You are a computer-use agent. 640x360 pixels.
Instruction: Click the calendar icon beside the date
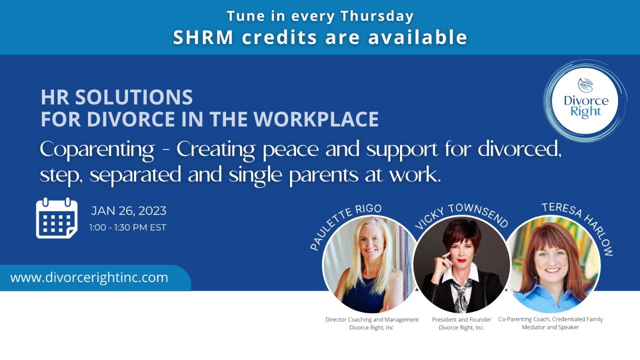click(56, 218)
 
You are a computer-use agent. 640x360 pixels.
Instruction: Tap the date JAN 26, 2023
click(128, 211)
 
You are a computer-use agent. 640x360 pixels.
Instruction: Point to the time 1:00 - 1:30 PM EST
click(127, 227)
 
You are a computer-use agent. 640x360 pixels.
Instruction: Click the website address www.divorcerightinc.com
click(89, 277)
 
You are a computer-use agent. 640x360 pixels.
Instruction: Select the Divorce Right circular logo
click(585, 101)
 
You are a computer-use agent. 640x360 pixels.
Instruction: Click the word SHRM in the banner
click(203, 37)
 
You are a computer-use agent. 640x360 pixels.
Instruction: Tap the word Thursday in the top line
click(377, 16)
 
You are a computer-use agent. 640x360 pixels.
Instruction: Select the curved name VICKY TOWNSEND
click(460, 215)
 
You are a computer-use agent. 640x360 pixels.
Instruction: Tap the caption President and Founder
click(461, 319)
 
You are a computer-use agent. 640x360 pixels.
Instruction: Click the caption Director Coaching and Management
click(371, 319)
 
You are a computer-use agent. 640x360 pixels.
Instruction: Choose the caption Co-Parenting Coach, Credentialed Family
click(550, 319)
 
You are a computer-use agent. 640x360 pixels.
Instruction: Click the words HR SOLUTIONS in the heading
click(117, 97)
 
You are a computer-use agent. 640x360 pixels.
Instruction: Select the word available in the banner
click(417, 37)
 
